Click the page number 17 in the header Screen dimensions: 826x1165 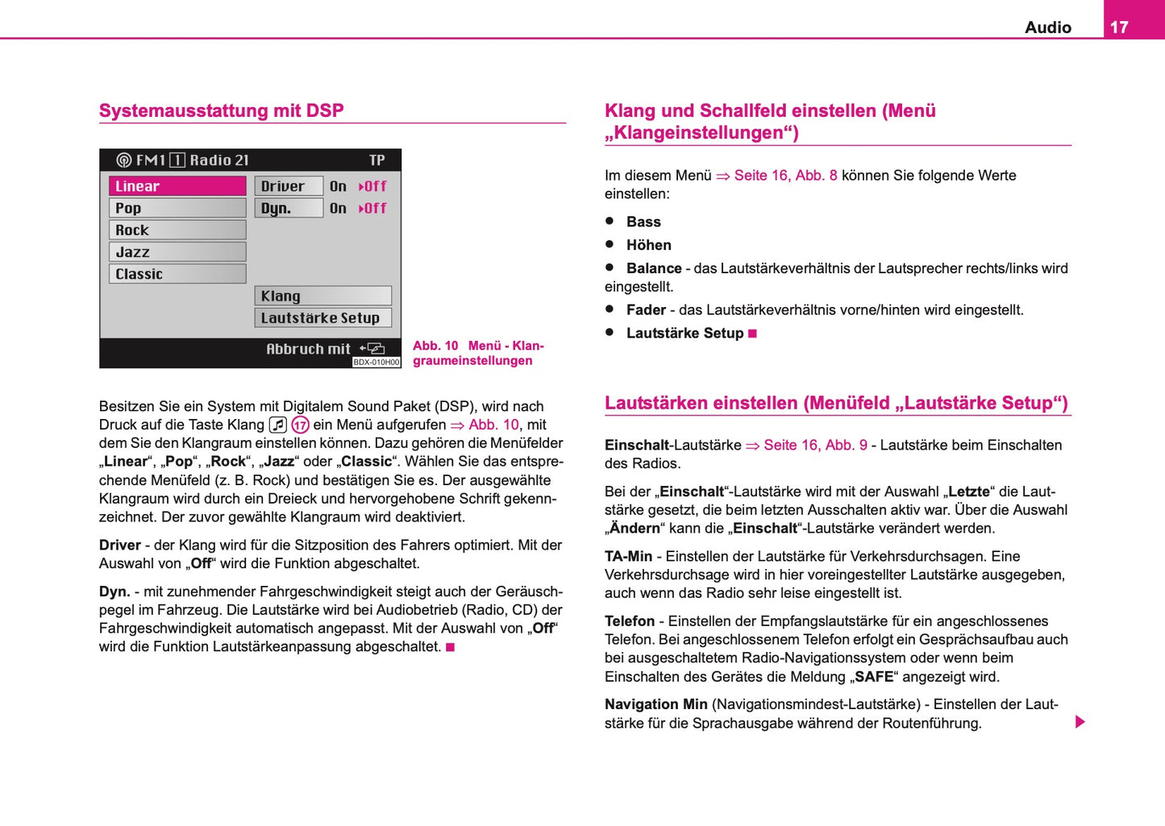click(1119, 27)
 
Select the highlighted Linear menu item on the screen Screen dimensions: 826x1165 click(177, 186)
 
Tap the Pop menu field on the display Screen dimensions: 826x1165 click(177, 208)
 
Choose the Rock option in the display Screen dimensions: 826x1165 click(177, 230)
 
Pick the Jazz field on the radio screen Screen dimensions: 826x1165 click(177, 252)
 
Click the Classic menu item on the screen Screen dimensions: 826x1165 click(177, 274)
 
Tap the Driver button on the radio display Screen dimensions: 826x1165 click(288, 186)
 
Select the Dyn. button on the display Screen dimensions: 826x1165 click(288, 208)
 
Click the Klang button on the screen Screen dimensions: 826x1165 click(322, 296)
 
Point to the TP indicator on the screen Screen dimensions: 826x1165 click(377, 160)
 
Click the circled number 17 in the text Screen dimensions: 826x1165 click(300, 425)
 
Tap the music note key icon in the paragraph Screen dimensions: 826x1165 click(278, 425)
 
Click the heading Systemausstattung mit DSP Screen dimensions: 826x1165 click(222, 110)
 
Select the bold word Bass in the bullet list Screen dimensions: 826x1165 click(643, 222)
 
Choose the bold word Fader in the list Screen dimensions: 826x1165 click(646, 310)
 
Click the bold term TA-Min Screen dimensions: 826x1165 click(628, 556)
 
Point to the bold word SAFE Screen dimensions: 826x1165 click(874, 677)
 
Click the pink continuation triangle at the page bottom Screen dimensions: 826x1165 click(1080, 721)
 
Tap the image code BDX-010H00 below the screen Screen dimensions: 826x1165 click(377, 363)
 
